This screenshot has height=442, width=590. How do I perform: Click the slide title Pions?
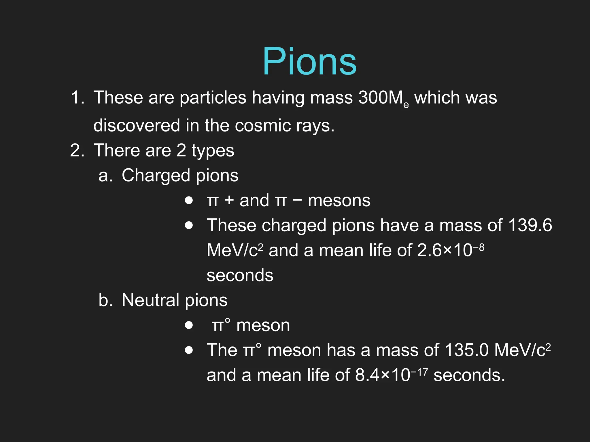pos(309,62)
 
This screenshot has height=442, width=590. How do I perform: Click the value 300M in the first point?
pos(380,98)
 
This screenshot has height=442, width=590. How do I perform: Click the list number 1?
pos(77,98)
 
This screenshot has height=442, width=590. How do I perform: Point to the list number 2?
pos(77,150)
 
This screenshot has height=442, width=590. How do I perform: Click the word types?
pos(213,150)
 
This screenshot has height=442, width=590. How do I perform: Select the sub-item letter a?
pos(105,176)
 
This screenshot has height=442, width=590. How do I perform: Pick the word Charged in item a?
pos(156,176)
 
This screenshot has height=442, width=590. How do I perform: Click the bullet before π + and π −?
pos(189,200)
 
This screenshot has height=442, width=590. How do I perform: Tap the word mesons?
pos(339,200)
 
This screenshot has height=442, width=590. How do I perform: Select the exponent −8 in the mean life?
pos(479,247)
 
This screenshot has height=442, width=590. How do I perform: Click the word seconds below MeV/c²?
pos(240,275)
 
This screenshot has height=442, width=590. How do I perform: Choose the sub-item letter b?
pos(105,300)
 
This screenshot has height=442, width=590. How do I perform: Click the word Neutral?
pos(150,300)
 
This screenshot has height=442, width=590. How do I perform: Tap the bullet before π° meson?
pos(189,325)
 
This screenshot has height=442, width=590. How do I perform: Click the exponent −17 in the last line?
pos(419,372)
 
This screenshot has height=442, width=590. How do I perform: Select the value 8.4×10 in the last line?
pos(382,375)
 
